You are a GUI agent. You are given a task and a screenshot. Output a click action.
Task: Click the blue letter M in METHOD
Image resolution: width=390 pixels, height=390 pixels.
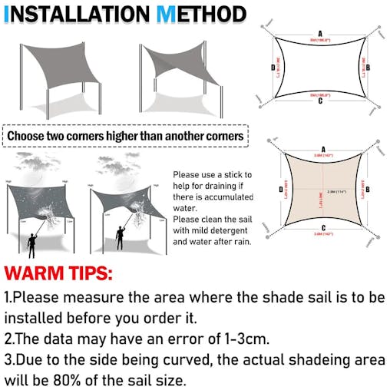coord(167,14)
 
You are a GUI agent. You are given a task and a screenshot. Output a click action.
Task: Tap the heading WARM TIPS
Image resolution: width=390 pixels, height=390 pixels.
coord(59,273)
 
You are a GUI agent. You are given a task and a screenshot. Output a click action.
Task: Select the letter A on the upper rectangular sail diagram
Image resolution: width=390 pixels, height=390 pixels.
coord(319,33)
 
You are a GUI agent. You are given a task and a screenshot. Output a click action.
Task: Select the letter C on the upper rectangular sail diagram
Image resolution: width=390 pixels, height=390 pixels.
coord(319,101)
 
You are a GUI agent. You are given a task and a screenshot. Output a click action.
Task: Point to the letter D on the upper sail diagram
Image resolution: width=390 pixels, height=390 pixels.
coord(273,68)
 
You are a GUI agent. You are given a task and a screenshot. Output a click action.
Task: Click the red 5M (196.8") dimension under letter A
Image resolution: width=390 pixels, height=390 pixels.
coord(319,39)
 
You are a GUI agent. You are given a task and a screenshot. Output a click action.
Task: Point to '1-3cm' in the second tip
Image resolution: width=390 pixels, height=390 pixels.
coord(234,337)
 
